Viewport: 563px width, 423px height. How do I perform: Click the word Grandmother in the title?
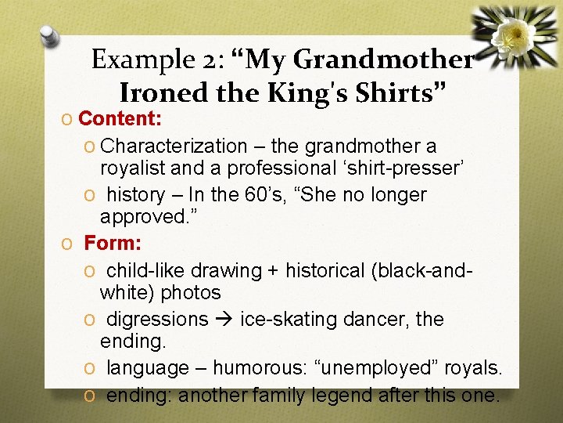point(383,60)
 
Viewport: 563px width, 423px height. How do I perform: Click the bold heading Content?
point(120,119)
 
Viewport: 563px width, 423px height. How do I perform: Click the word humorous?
point(260,367)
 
